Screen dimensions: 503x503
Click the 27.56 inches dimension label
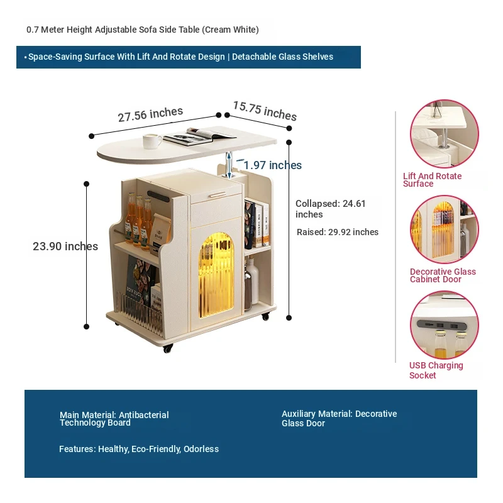[x=150, y=114]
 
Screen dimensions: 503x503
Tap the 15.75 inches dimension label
[x=265, y=111]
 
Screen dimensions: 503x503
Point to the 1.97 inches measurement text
[x=273, y=165]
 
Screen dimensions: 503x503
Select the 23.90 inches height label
[x=65, y=246]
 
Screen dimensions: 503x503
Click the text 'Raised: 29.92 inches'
[x=338, y=232]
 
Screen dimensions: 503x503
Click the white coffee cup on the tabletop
[x=152, y=141]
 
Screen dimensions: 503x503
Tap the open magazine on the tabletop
[x=202, y=133]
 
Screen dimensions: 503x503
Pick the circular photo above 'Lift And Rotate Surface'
[x=445, y=133]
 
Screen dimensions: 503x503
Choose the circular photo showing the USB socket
[x=445, y=324]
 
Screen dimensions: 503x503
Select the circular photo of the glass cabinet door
[x=445, y=229]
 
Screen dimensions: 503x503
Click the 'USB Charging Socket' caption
[x=436, y=370]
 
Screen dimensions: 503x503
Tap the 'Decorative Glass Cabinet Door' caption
[x=443, y=275]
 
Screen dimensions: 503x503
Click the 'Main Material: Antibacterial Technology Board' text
[x=114, y=419]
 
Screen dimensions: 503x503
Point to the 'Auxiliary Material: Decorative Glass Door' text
[x=339, y=419]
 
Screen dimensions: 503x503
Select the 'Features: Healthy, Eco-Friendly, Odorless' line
[x=139, y=449]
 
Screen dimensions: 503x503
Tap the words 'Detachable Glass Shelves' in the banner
[x=282, y=57]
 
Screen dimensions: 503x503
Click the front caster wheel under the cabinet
[x=168, y=348]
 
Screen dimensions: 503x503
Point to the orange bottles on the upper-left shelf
[x=139, y=220]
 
